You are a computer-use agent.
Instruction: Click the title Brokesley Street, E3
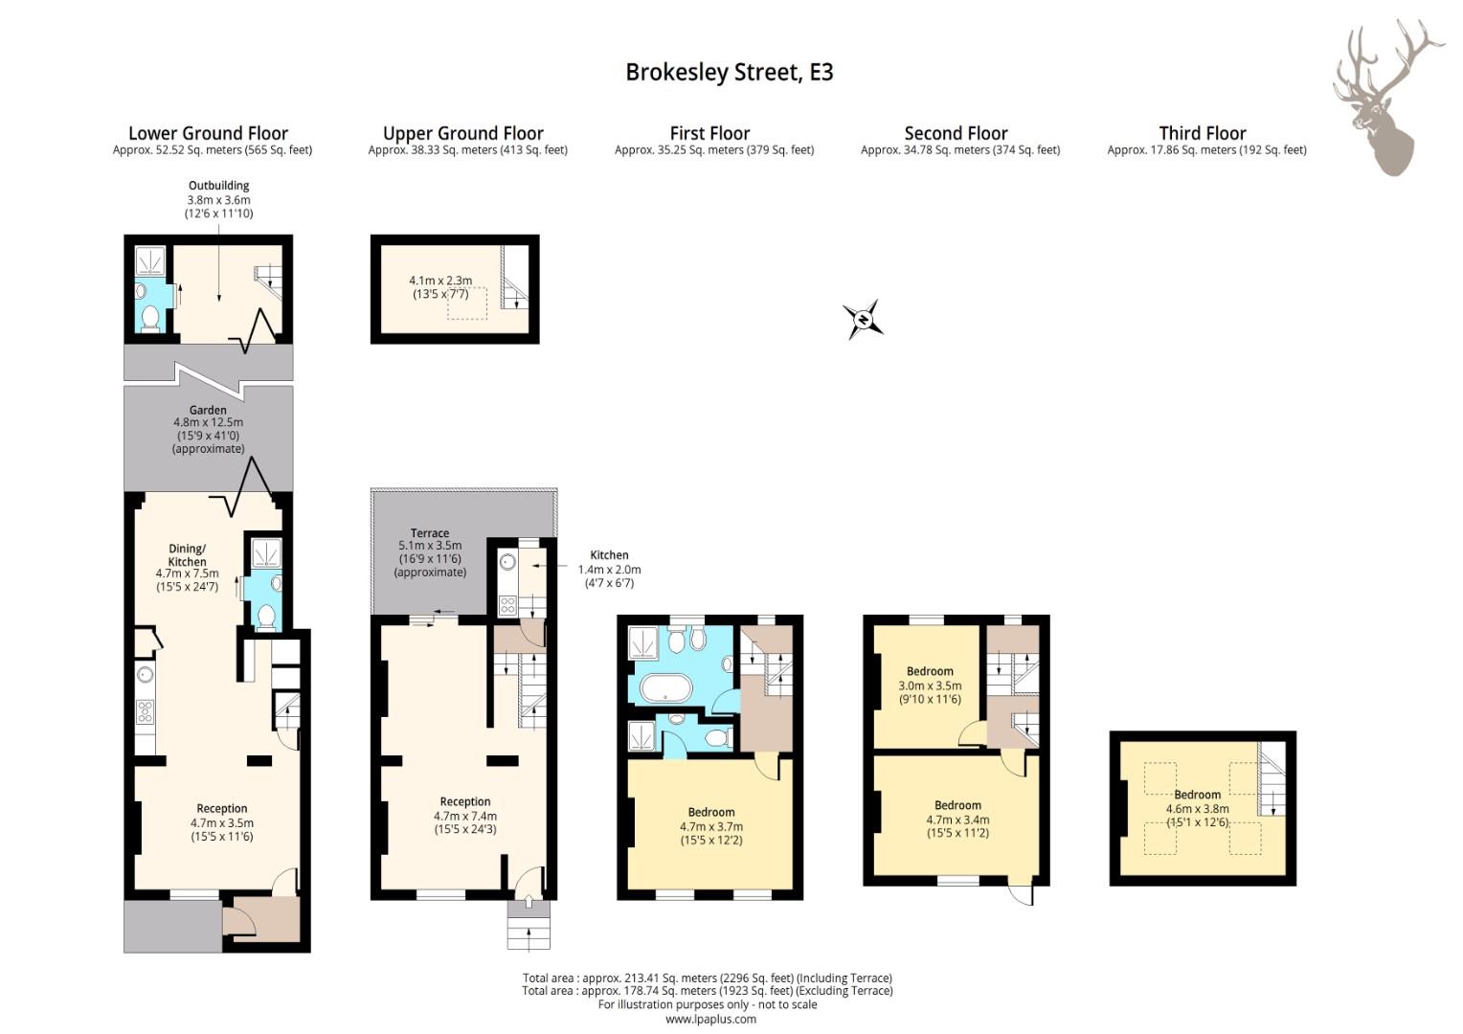(x=729, y=72)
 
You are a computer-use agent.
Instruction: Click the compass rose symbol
(x=863, y=320)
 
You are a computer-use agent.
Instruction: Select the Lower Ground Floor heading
(x=208, y=133)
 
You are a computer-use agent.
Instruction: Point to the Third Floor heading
(x=1203, y=133)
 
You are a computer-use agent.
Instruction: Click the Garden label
(x=208, y=410)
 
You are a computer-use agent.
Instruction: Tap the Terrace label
(x=430, y=533)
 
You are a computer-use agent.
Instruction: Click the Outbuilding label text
(x=219, y=186)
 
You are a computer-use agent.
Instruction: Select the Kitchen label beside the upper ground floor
(x=609, y=555)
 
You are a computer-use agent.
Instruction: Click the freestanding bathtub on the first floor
(x=665, y=688)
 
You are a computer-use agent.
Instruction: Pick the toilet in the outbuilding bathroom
(x=151, y=318)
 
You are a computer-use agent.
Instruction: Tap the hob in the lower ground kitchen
(x=145, y=711)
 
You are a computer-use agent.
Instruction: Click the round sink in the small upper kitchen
(x=507, y=561)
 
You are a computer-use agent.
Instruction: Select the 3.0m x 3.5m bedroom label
(x=930, y=686)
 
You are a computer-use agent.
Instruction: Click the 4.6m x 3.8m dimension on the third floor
(x=1197, y=809)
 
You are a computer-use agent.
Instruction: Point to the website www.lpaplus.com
(x=710, y=1019)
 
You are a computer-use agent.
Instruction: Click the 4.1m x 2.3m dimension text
(x=440, y=281)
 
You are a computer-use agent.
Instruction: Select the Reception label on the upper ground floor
(x=465, y=801)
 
